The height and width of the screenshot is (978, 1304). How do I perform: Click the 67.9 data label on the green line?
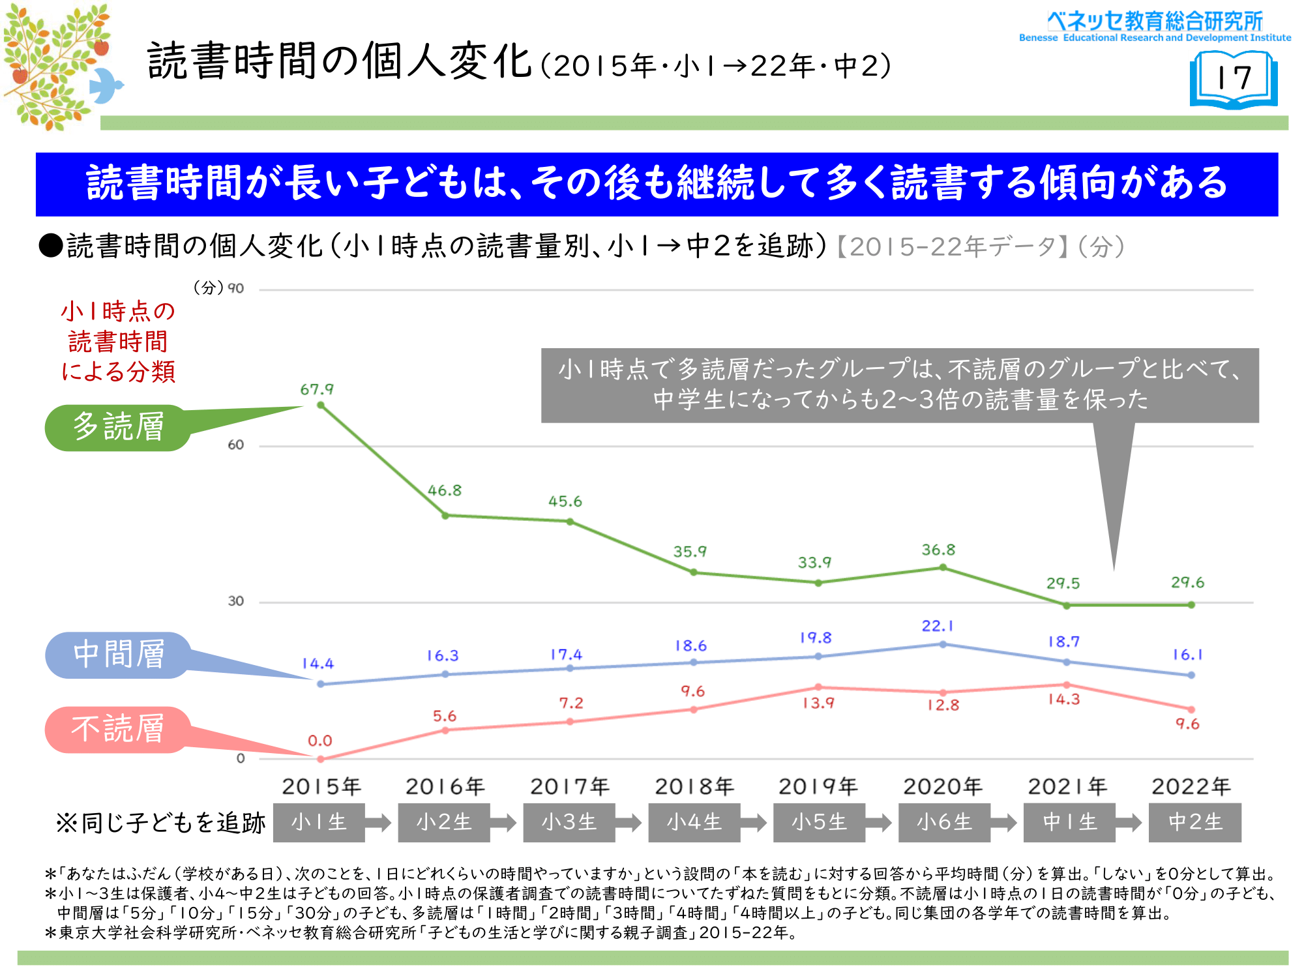coord(317,389)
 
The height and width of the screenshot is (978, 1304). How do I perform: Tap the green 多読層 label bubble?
coord(118,427)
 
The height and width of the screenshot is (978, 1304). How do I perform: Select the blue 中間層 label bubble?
coord(118,655)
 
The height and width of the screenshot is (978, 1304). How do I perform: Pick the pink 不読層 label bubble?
coord(118,729)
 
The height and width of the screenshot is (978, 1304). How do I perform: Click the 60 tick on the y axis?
coord(235,445)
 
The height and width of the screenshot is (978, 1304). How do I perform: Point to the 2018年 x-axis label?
coord(694,787)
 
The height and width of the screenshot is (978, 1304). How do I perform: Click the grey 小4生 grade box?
coord(694,822)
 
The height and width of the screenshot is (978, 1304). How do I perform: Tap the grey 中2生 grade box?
coord(1195,822)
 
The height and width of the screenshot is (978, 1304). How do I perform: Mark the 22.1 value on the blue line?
coord(938,626)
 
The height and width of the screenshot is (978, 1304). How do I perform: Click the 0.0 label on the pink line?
coord(320,741)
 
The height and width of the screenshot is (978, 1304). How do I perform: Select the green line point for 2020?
coord(943,568)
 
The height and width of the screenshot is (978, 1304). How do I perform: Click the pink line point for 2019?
coord(818,687)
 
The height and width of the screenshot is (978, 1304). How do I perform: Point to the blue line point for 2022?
coord(1191,675)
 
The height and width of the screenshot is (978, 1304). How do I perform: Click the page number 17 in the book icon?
coord(1234,78)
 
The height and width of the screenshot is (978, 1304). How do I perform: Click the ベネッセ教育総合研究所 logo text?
coord(1155,22)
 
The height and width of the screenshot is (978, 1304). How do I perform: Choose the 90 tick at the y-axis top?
coord(235,288)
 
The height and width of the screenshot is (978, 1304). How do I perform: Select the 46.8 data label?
coord(445,490)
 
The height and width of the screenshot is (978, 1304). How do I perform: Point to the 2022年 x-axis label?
coord(1191,787)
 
